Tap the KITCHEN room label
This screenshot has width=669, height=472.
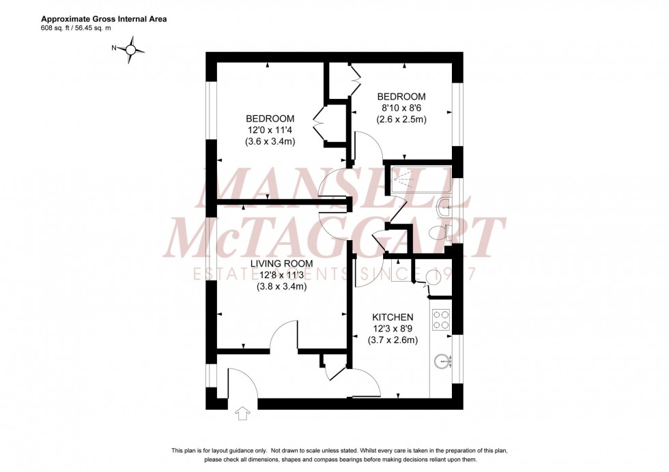point(393,317)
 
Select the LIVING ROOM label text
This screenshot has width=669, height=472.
point(281,263)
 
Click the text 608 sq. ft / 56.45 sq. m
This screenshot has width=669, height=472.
point(85,29)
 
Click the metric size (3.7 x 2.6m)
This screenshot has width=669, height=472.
point(393,340)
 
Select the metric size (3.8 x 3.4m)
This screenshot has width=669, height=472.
point(281,286)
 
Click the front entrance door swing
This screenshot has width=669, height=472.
point(240,382)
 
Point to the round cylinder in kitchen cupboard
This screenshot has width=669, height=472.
point(433,277)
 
